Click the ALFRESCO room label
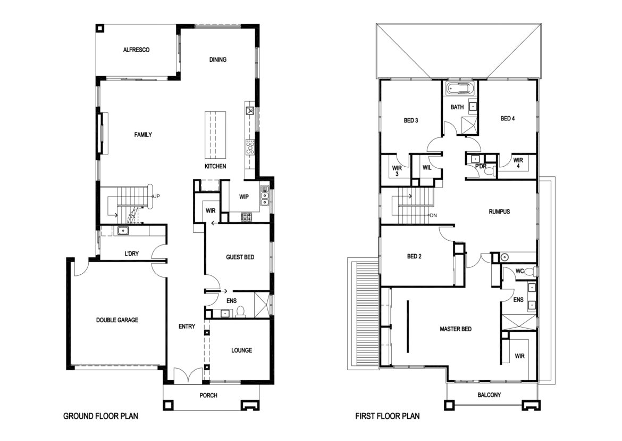(x=136, y=50)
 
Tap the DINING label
(x=218, y=60)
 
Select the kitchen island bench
(x=215, y=135)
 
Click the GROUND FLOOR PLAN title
(x=101, y=416)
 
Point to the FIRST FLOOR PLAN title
(x=387, y=416)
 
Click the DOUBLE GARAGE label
(x=117, y=320)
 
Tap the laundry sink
(x=123, y=230)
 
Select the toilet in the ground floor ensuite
(x=240, y=312)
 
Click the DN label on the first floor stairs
(x=433, y=215)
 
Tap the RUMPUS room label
(x=499, y=212)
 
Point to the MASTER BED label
(x=456, y=329)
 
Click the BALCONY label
(x=489, y=395)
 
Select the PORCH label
(x=208, y=395)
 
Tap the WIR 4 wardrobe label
(x=518, y=163)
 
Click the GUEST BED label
(x=240, y=257)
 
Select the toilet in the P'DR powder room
(x=491, y=171)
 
